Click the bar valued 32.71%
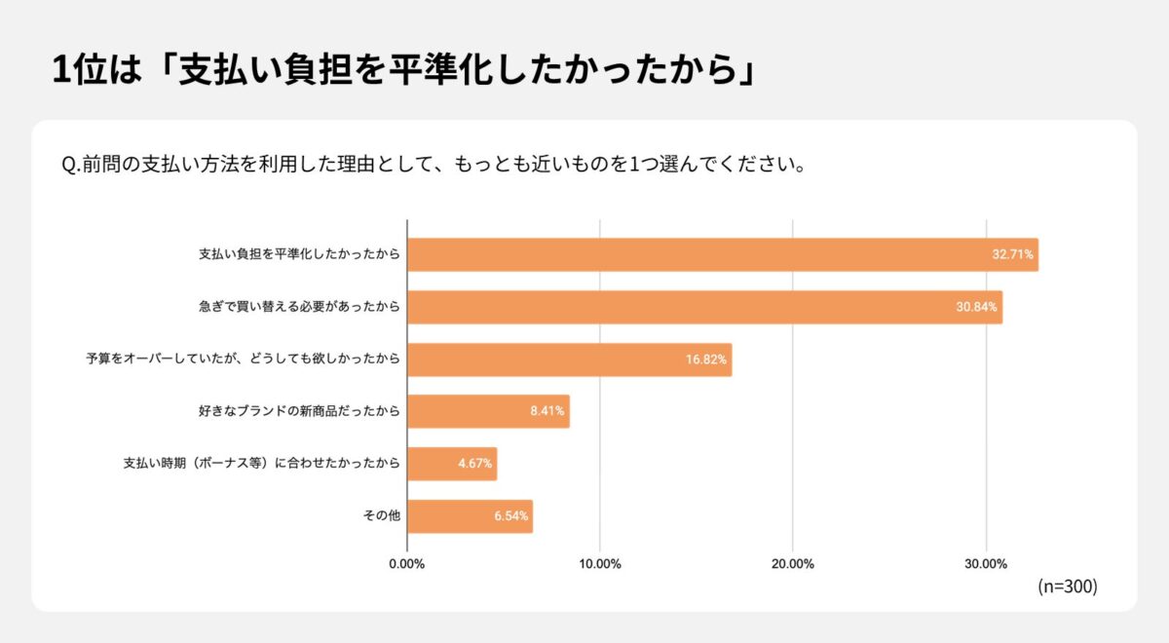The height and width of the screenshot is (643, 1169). pos(721,254)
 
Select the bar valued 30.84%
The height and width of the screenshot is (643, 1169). pos(703,307)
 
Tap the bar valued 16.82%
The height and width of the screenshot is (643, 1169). pos(569,359)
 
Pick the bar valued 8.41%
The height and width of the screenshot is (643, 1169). pos(487,411)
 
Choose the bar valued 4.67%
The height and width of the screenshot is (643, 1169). pos(451,464)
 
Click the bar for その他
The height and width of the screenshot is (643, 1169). pos(469,516)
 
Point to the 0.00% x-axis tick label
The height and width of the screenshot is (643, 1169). pos(407,564)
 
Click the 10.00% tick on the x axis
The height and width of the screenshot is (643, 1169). pos(600,564)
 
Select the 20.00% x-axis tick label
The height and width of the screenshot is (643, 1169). pos(793,564)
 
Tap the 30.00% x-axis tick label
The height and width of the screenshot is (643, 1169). pos(986,564)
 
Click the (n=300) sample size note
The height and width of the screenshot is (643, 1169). pos(1068,586)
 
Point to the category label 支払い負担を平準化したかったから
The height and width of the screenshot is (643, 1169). pos(299,254)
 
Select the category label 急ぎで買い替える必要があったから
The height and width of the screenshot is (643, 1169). pos(299,307)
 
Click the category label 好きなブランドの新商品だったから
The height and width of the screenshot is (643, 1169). pos(299,411)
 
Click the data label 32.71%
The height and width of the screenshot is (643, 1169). pos(1013,255)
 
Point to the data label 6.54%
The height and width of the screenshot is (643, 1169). pos(510,516)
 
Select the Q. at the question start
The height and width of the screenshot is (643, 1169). pos(70,164)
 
